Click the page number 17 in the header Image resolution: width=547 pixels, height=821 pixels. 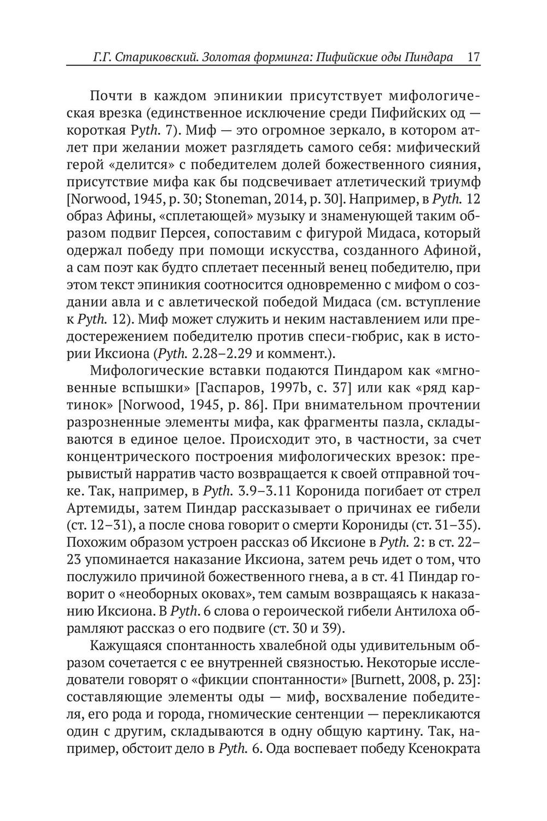(474, 56)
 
